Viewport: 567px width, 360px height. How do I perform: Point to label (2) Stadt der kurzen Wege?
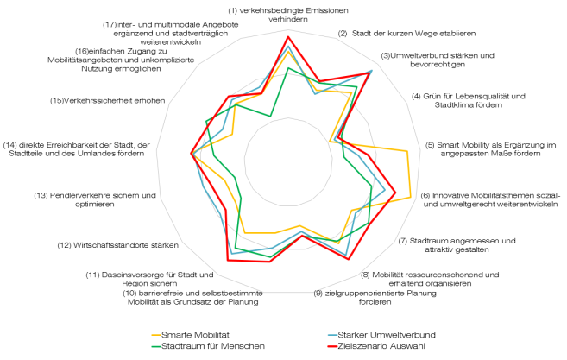(x=407, y=34)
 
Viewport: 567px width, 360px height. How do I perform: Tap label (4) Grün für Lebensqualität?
(x=467, y=100)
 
